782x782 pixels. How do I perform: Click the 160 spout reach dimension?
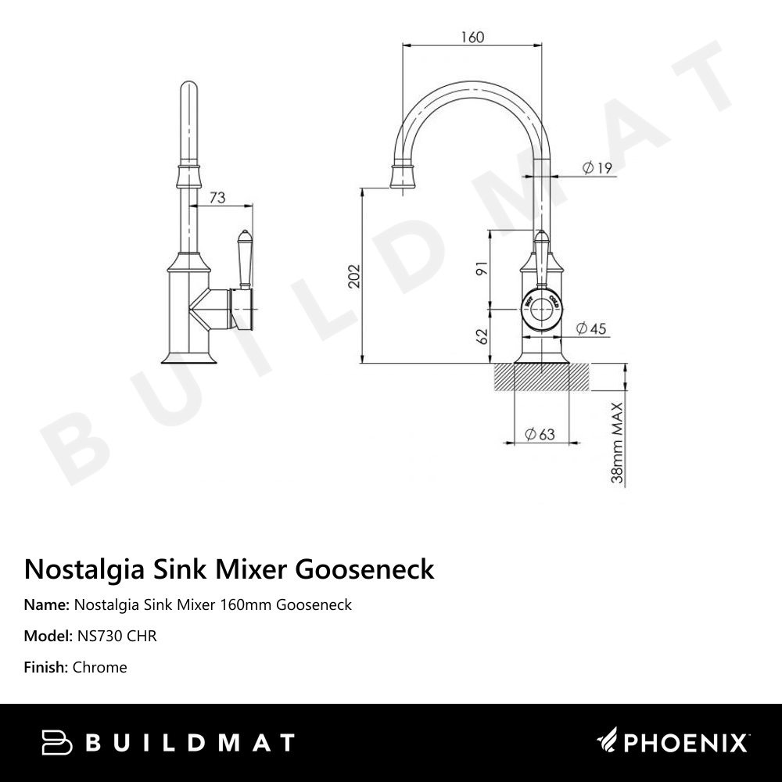(x=473, y=37)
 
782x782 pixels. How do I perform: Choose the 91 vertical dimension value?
(x=482, y=268)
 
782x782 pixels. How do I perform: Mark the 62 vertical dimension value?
(x=482, y=336)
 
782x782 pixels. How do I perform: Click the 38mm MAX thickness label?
(x=617, y=443)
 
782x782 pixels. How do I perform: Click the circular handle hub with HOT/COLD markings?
(x=541, y=310)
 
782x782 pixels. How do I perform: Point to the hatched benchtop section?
(x=541, y=377)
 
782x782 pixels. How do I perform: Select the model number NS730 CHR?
(x=117, y=636)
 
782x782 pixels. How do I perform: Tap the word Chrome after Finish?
(x=99, y=667)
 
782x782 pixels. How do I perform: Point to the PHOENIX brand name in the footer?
(x=685, y=742)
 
